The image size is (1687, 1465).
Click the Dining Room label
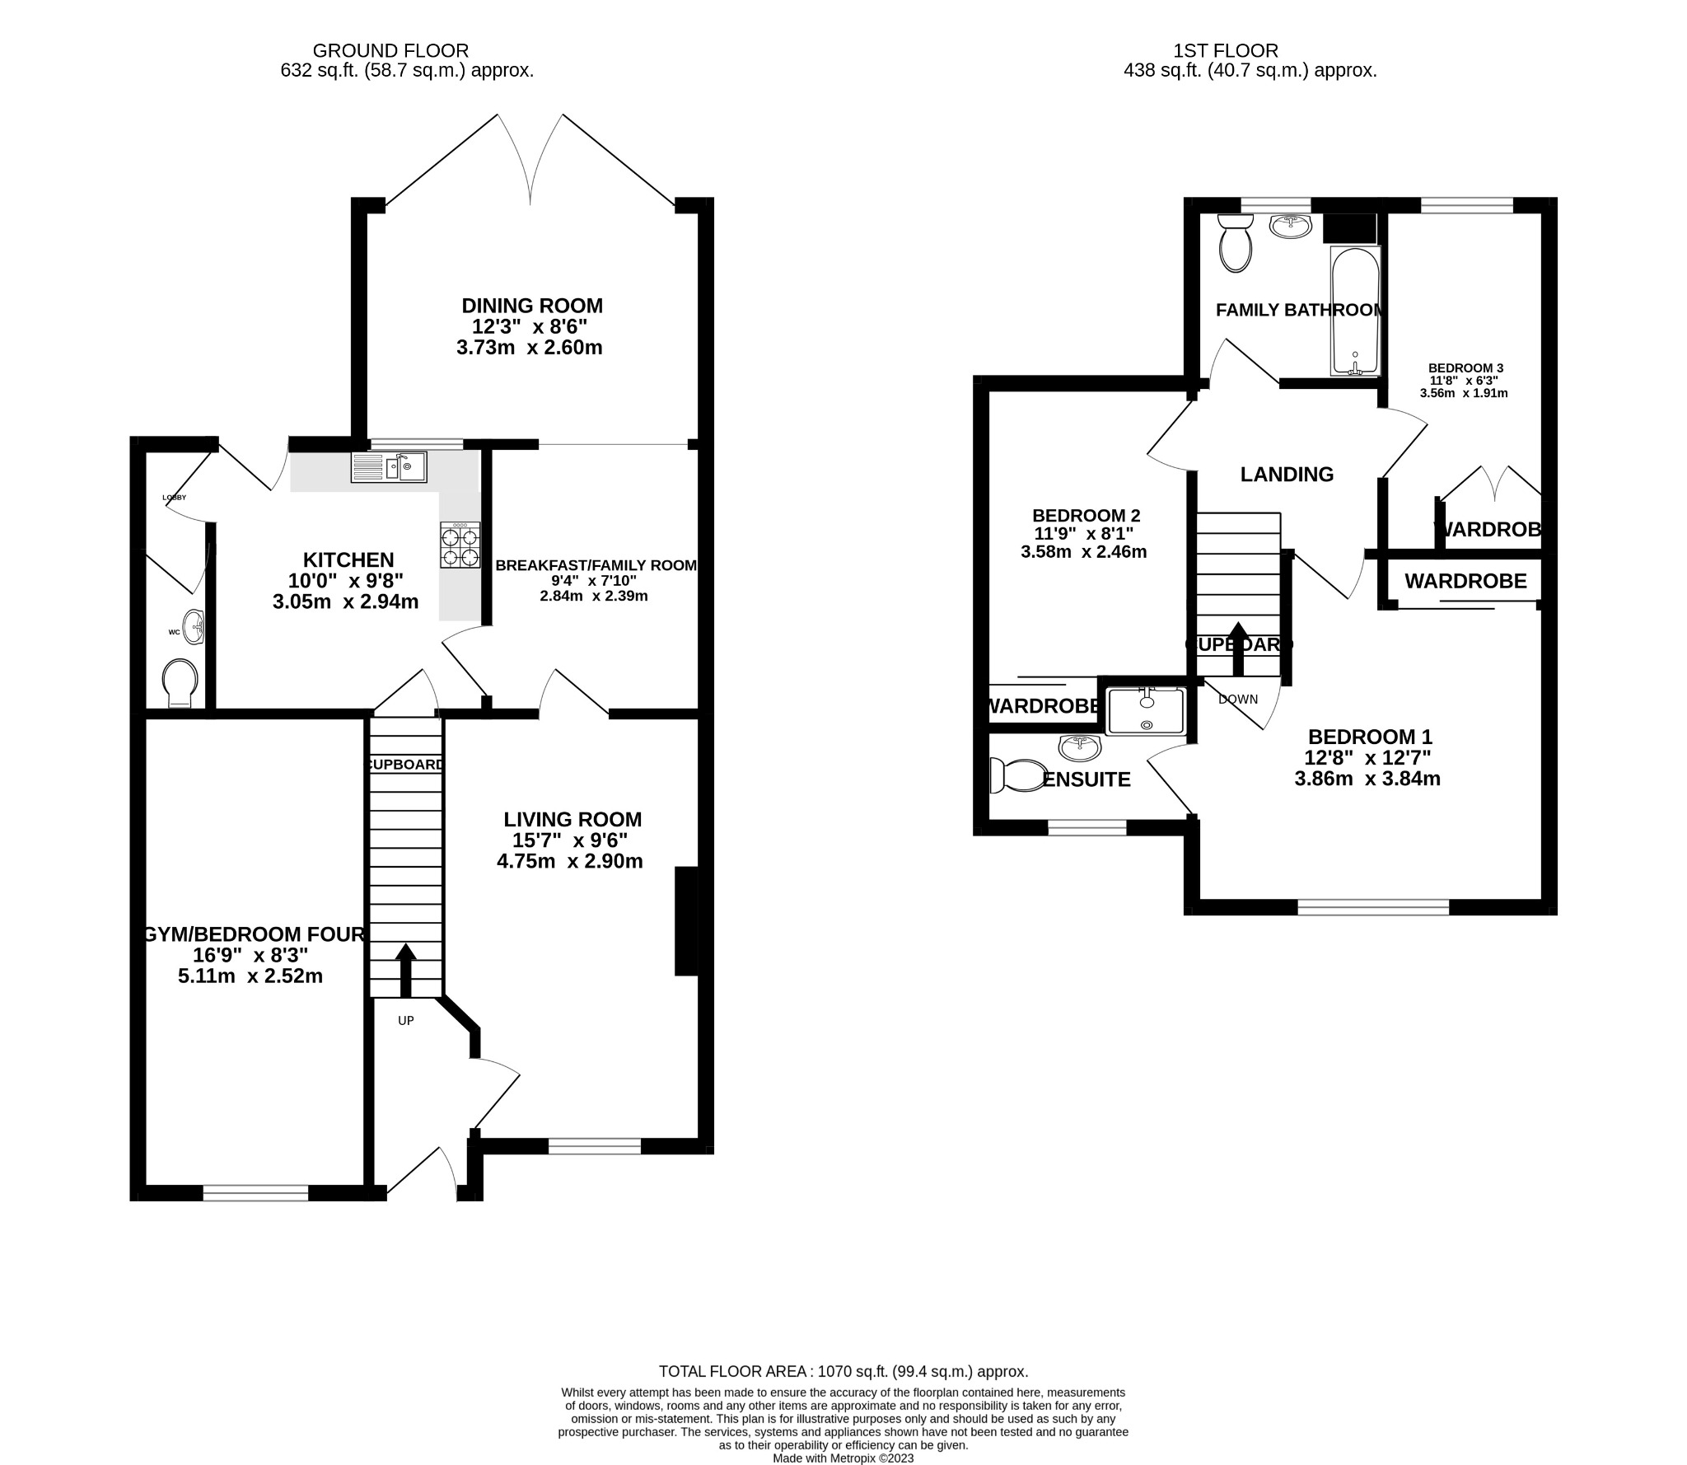point(532,306)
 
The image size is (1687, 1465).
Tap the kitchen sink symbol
point(389,467)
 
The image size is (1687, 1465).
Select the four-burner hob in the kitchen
point(460,545)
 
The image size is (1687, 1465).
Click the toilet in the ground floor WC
point(180,682)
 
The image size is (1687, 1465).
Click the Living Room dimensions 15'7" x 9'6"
point(570,840)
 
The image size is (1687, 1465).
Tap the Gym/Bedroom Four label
point(254,934)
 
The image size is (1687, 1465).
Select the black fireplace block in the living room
point(685,921)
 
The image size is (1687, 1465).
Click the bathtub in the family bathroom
point(1354,311)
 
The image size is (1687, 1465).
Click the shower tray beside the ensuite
point(1146,711)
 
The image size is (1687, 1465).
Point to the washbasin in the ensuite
point(1080,747)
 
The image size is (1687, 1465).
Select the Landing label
point(1287,475)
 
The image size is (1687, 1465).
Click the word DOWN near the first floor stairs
point(1238,700)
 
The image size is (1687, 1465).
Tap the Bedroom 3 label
point(1465,368)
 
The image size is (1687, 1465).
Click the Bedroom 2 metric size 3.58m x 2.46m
point(1083,552)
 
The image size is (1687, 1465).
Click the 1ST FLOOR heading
point(1250,52)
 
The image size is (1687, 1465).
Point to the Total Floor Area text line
point(843,1372)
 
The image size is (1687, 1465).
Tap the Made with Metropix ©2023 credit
point(843,1458)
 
